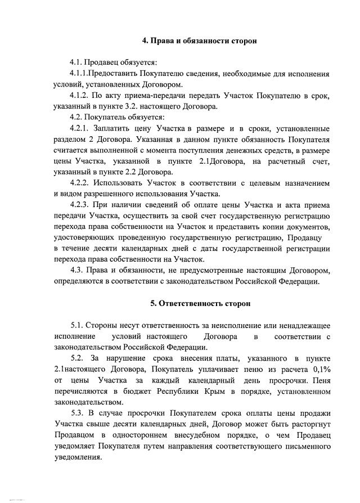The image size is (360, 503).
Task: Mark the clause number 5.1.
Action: coord(77,325)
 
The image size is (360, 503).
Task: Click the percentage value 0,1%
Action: coord(318,369)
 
